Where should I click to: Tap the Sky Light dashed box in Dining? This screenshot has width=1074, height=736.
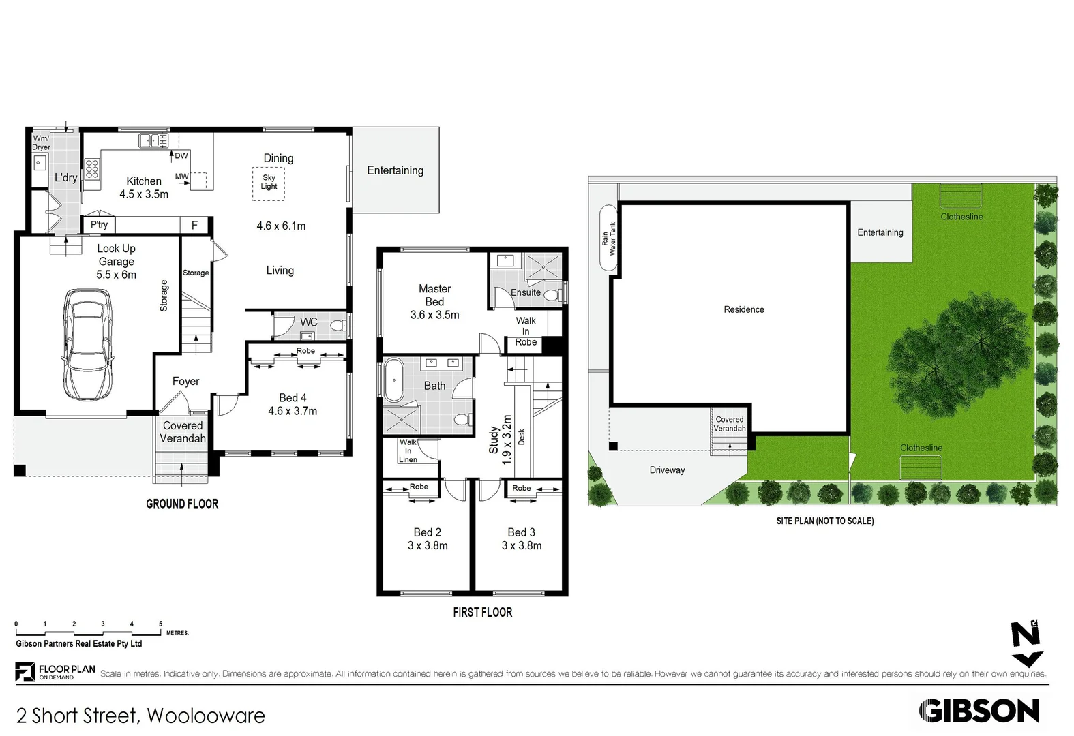coord(269,183)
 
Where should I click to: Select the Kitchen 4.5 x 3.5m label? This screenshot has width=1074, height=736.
coord(144,187)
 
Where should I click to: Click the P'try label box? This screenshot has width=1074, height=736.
coord(99,224)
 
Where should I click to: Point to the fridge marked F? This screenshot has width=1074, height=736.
coord(195,225)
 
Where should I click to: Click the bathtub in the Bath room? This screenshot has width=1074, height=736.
coord(393,380)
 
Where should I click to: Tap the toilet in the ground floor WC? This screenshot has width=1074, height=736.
coord(338,326)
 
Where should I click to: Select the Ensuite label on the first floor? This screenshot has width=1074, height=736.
coord(526,292)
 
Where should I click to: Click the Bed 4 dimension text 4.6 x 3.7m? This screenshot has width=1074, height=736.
coord(293,411)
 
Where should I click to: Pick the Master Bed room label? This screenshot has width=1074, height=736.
coord(435,295)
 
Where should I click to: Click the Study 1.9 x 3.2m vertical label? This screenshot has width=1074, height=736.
coord(500,440)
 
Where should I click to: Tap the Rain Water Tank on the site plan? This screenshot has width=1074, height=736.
coord(608,239)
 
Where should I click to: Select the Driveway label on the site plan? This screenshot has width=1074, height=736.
coord(667,470)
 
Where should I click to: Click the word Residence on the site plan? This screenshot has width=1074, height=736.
coord(744,309)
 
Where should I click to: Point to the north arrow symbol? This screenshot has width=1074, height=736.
coord(1026,643)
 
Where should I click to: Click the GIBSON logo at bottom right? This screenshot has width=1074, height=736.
coord(979,711)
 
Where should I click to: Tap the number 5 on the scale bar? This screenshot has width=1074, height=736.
coord(161,624)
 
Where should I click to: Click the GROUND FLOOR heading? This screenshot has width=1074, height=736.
coord(182,504)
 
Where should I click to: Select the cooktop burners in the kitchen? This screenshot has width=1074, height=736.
coord(92,169)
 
